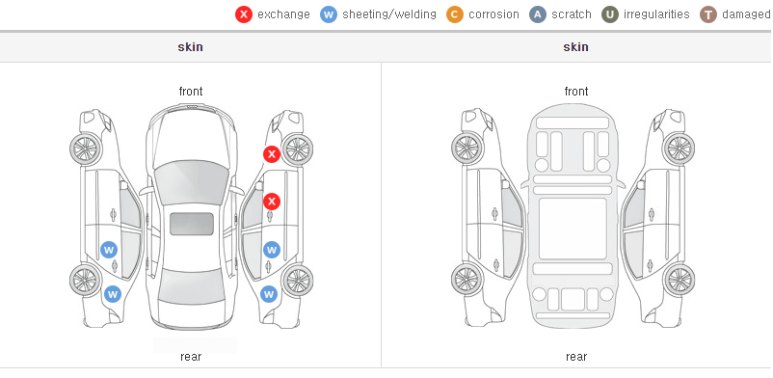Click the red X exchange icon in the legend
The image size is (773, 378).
click(244, 14)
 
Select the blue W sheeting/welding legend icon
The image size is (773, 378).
click(329, 14)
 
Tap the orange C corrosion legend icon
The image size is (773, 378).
click(455, 14)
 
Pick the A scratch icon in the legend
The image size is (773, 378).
click(538, 14)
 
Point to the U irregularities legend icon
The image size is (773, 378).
click(610, 14)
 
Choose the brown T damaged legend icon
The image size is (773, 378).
click(707, 14)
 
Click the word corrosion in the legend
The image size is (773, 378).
click(494, 14)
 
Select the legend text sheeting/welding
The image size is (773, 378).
click(389, 14)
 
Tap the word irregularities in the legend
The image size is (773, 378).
click(656, 14)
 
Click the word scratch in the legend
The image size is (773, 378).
click(572, 14)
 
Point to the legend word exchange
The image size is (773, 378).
click(283, 14)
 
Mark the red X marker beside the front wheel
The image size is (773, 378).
click(271, 154)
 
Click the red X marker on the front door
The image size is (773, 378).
click(271, 202)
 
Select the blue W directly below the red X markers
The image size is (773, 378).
click(271, 250)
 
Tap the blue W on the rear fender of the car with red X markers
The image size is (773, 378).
click(268, 295)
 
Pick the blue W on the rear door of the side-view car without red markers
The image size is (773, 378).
click(109, 250)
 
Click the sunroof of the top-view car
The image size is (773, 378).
click(191, 224)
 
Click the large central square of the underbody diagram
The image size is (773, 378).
click(573, 229)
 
